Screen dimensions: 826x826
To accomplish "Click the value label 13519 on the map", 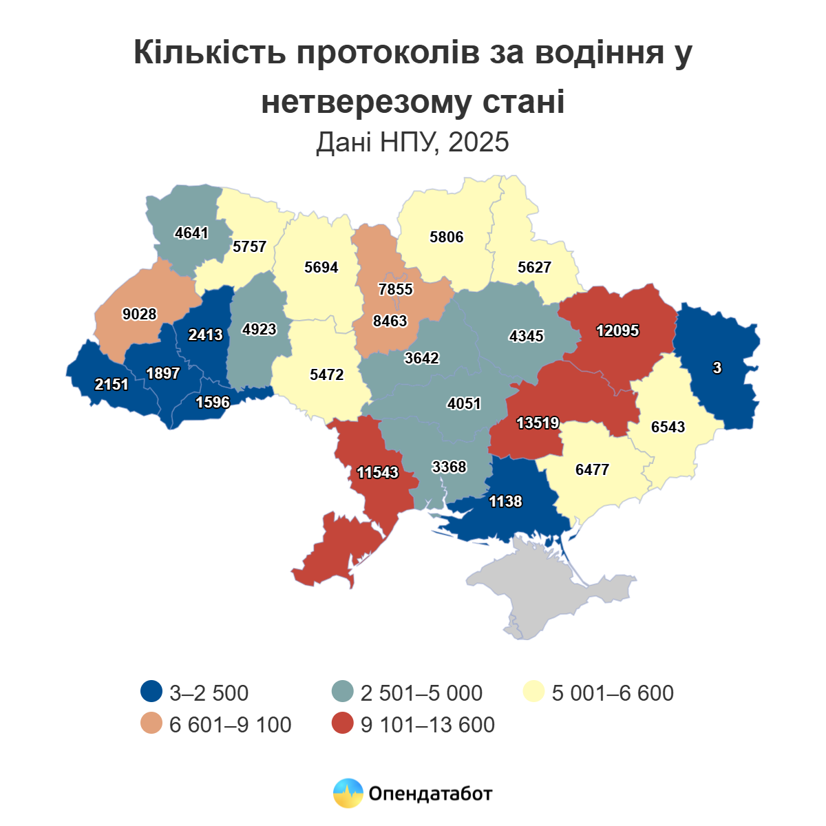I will (538, 423).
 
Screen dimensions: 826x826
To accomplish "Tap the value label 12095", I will (617, 330).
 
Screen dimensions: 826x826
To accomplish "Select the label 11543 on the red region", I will (378, 472).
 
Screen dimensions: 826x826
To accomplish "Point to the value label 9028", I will (140, 314).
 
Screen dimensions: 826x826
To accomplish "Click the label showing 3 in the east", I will (717, 368).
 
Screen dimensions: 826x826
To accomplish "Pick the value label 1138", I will (505, 501).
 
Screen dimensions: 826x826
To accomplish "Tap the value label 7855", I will (396, 289).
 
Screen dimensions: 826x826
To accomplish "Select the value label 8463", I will (390, 321).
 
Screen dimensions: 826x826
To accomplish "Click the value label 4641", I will (191, 233).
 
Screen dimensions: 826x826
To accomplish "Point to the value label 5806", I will (447, 237).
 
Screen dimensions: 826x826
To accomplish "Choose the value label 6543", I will (668, 427).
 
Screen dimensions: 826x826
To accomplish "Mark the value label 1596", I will (213, 402).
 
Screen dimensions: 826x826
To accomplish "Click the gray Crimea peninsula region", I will (544, 592).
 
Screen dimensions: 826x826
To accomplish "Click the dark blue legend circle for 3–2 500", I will (151, 692).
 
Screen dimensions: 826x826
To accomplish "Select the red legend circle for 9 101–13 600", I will (343, 724).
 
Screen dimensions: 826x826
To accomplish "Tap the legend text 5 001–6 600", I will (613, 692).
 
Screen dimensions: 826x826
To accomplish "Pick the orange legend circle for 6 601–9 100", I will (151, 724).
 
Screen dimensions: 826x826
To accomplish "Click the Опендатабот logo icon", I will (348, 793).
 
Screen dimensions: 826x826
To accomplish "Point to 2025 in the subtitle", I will (478, 142).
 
